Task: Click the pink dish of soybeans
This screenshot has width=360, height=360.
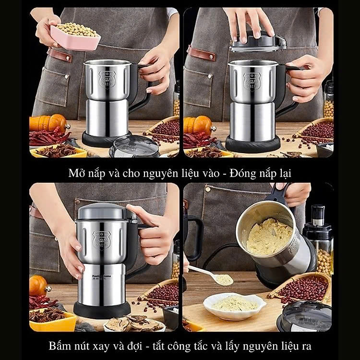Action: (x=74, y=36)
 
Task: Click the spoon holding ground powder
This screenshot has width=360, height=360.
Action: (x=211, y=276)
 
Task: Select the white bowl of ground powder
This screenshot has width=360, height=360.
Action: (x=234, y=304)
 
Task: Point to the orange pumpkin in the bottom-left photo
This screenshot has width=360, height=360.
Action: (x=38, y=286)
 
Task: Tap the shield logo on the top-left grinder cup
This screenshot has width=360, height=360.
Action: (x=108, y=78)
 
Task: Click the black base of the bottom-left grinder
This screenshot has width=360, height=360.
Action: (x=102, y=308)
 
